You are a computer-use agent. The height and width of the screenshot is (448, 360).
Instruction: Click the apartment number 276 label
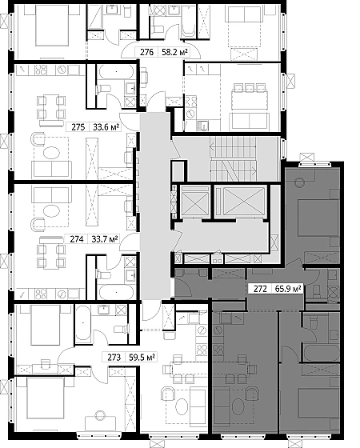click(146, 52)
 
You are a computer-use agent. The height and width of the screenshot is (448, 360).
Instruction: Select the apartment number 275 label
click(78, 127)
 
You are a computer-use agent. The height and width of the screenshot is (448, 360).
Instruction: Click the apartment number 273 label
click(114, 358)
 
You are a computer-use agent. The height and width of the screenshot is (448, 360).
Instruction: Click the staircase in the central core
click(233, 158)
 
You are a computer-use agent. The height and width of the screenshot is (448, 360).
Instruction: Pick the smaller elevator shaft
click(195, 202)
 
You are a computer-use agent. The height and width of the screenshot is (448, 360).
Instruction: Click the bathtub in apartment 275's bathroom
click(115, 71)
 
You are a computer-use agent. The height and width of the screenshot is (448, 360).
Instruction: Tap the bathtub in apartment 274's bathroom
click(116, 292)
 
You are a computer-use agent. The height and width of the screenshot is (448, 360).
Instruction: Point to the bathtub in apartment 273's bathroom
click(83, 323)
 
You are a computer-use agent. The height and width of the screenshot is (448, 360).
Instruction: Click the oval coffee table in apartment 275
click(51, 152)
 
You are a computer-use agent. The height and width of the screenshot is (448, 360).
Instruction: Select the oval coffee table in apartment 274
click(51, 211)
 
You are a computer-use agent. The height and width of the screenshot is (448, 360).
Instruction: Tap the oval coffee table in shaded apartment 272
click(238, 406)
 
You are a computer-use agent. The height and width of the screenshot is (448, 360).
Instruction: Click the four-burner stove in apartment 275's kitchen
click(41, 70)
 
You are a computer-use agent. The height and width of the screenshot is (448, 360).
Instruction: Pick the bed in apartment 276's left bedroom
click(52, 25)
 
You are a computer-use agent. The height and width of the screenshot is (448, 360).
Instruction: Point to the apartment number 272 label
click(260, 289)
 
